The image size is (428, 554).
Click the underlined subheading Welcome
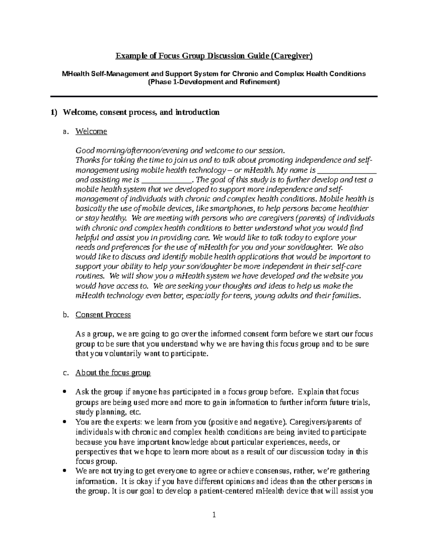[91, 132]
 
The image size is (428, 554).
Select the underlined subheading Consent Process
[103, 315]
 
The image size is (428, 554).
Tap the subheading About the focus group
[113, 373]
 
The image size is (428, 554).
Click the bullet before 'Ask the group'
[64, 392]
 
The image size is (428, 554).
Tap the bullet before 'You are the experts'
[64, 422]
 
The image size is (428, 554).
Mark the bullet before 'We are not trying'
[64, 471]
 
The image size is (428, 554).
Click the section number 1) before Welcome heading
[53, 113]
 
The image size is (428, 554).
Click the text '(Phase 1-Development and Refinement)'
[214, 82]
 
